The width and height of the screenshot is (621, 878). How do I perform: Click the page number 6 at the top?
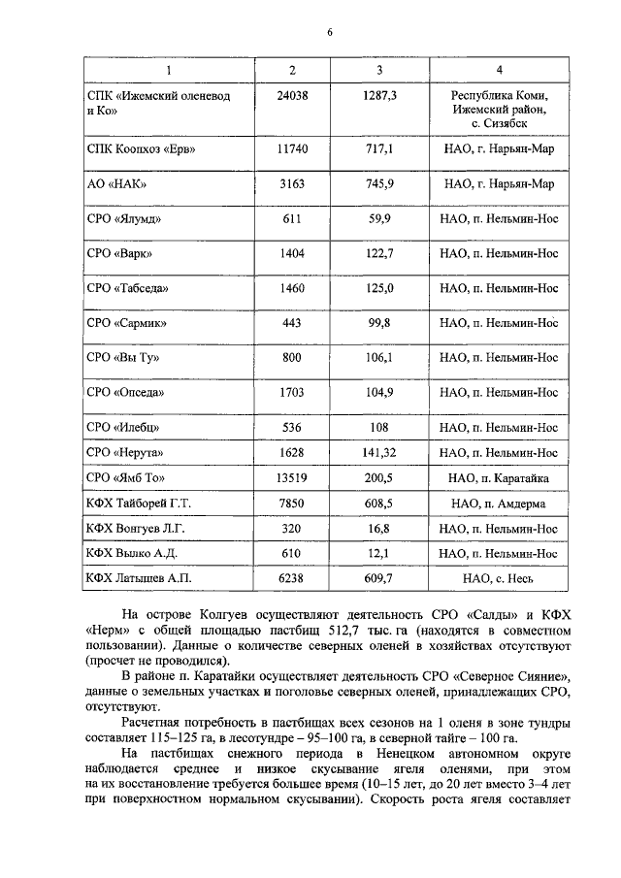coord(329,32)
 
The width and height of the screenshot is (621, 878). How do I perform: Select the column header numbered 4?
coord(499,69)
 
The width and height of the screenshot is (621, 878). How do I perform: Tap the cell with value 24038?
coord(292,96)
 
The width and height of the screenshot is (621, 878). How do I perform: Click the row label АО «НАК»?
coord(116,183)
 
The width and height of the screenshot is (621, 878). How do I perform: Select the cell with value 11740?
coord(292,148)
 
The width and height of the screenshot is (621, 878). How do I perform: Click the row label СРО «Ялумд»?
coord(123,219)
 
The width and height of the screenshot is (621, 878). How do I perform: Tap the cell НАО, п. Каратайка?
coord(499,478)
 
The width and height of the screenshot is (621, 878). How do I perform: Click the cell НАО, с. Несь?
coord(499,579)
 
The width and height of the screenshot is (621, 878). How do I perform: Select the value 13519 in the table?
coord(292,478)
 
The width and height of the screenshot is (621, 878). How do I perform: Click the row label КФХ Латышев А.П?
coord(139,579)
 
